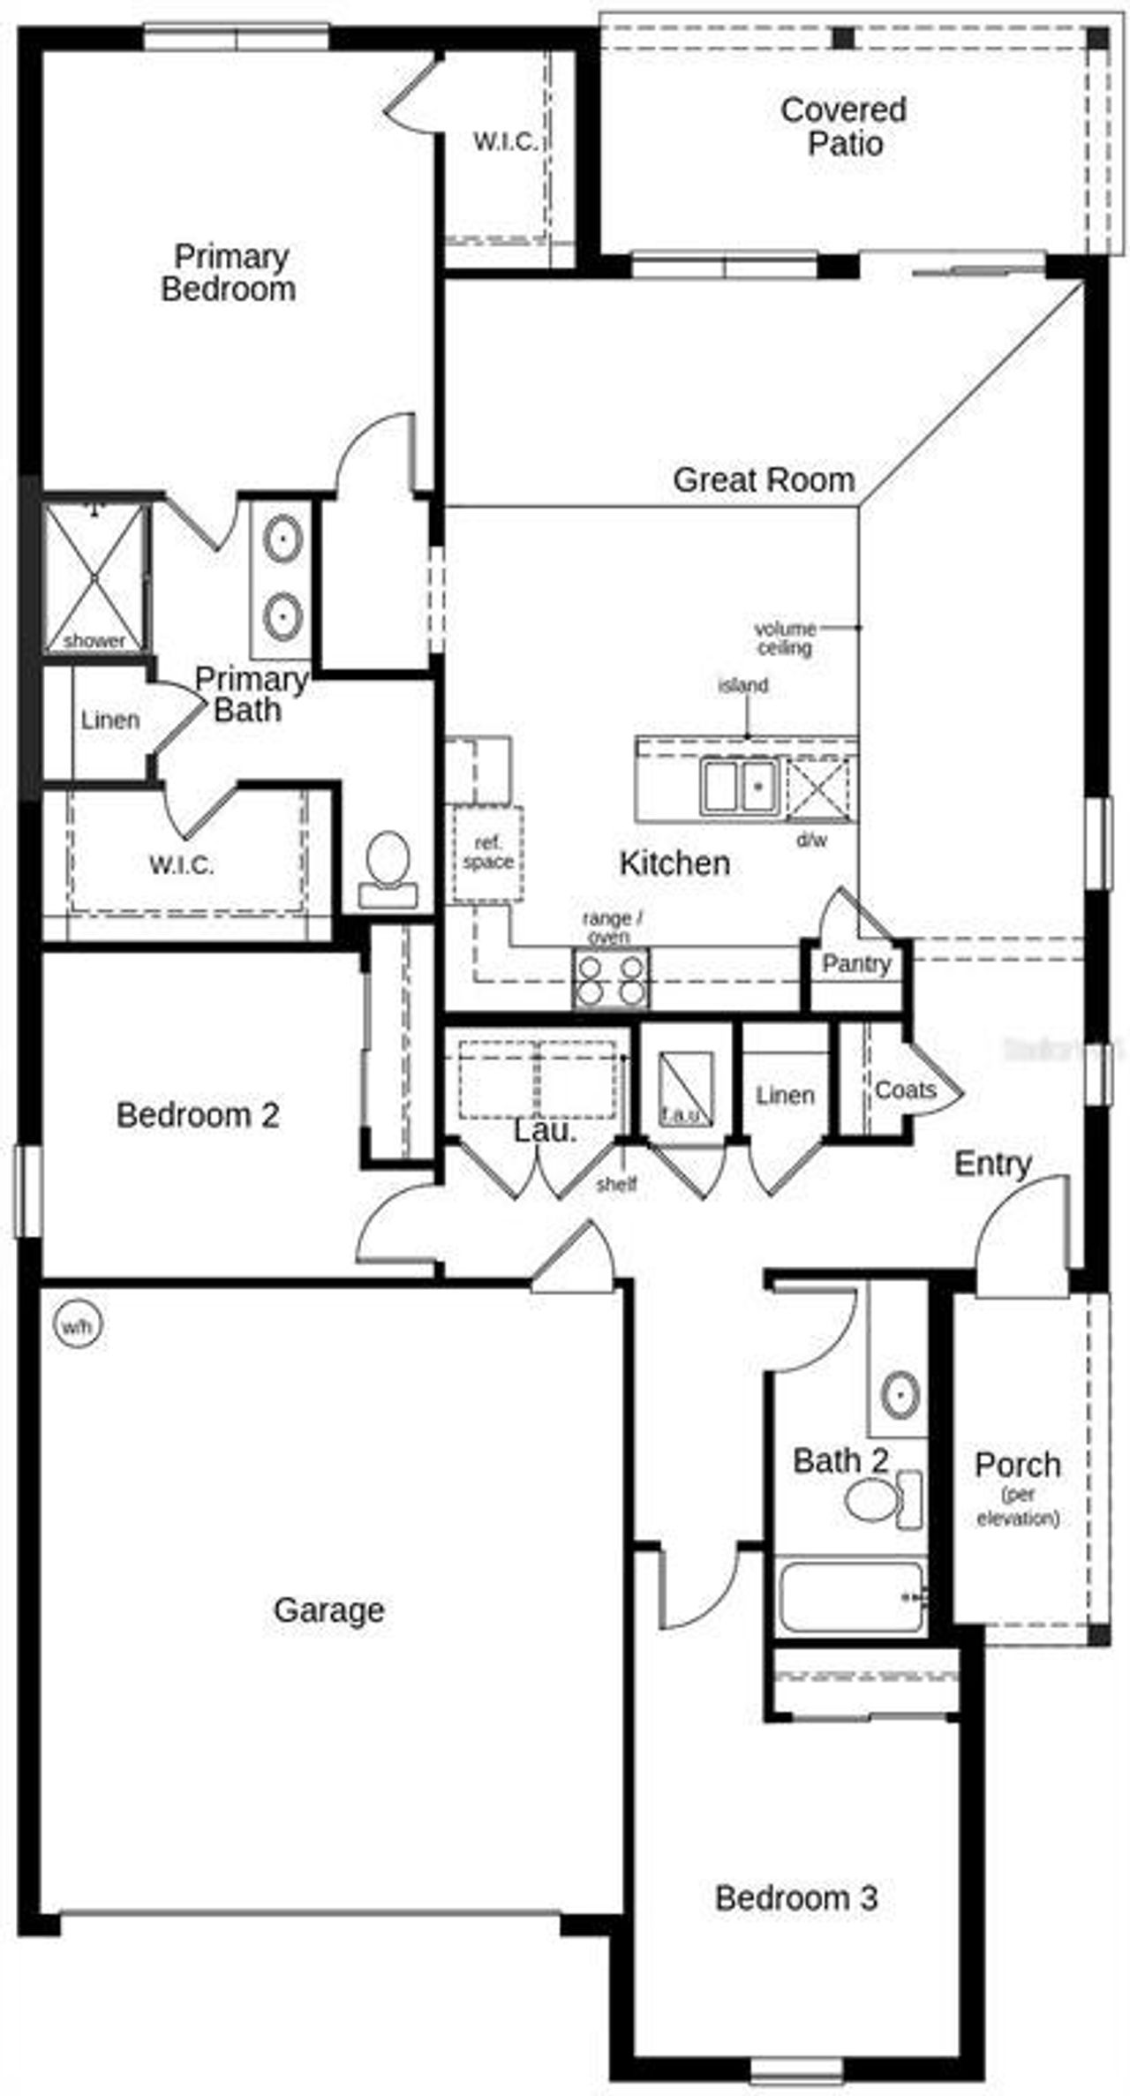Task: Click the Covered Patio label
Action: [843, 126]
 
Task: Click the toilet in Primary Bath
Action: [388, 870]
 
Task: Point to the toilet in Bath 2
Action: [884, 1499]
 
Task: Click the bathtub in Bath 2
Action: [852, 1595]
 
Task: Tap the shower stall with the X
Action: [94, 577]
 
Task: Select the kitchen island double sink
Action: [738, 787]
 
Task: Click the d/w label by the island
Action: [812, 841]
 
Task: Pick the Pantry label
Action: [856, 963]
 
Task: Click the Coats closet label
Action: [905, 1090]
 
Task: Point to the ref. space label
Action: [487, 853]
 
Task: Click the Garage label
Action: [328, 1610]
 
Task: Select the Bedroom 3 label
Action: [795, 1896]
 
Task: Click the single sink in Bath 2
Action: [900, 1395]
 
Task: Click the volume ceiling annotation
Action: [784, 638]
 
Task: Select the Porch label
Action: [1017, 1466]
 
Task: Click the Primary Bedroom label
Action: [229, 272]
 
